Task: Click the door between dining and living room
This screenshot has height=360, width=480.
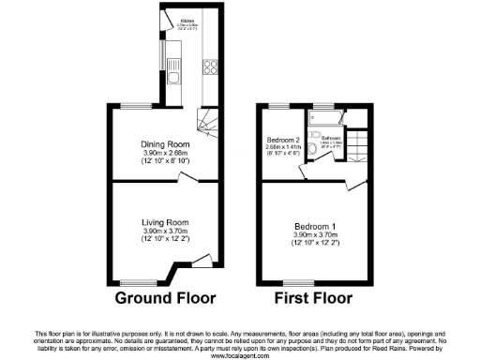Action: (x=187, y=175)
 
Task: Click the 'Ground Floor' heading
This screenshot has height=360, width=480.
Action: (x=165, y=299)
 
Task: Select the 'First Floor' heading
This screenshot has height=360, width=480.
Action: (x=312, y=299)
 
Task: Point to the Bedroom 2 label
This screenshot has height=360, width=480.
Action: (x=283, y=139)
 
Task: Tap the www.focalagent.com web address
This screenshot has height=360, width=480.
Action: (x=240, y=356)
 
